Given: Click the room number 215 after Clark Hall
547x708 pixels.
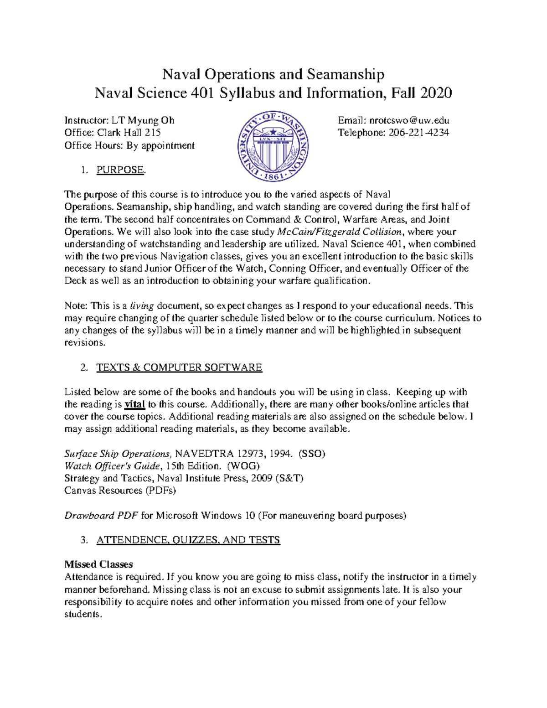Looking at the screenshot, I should click(x=153, y=133).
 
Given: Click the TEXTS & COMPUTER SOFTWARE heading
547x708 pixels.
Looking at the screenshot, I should click(x=179, y=367).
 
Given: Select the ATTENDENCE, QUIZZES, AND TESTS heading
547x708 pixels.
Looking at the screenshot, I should click(x=188, y=540).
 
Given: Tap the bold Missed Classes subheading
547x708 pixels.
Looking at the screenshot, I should click(x=98, y=564).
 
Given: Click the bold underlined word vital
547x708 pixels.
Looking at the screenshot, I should click(x=134, y=404).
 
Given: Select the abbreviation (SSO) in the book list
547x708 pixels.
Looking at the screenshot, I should click(x=312, y=454).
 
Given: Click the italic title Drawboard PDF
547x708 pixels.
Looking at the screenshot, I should click(x=101, y=516).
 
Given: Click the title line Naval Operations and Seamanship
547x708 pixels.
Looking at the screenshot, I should click(x=273, y=74).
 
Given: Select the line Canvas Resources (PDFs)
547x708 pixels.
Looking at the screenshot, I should click(x=120, y=491).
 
